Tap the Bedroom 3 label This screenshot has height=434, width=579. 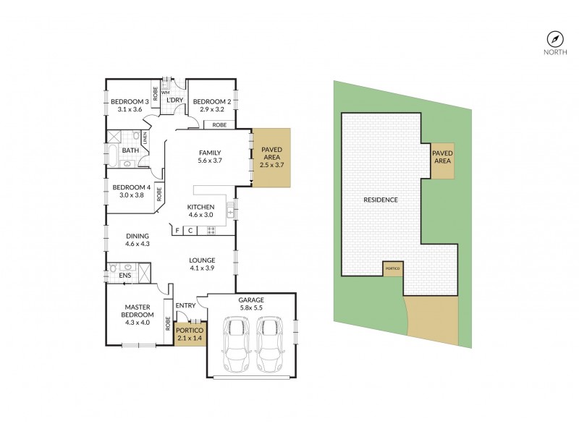pyautogui.click(x=130, y=102)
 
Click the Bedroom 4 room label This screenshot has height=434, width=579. pyautogui.click(x=130, y=188)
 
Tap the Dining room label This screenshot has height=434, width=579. pyautogui.click(x=137, y=236)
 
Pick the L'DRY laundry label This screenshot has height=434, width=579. pyautogui.click(x=174, y=101)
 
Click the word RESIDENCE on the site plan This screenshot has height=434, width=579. pyautogui.click(x=380, y=200)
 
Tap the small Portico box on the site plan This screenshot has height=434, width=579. pyautogui.click(x=392, y=268)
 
